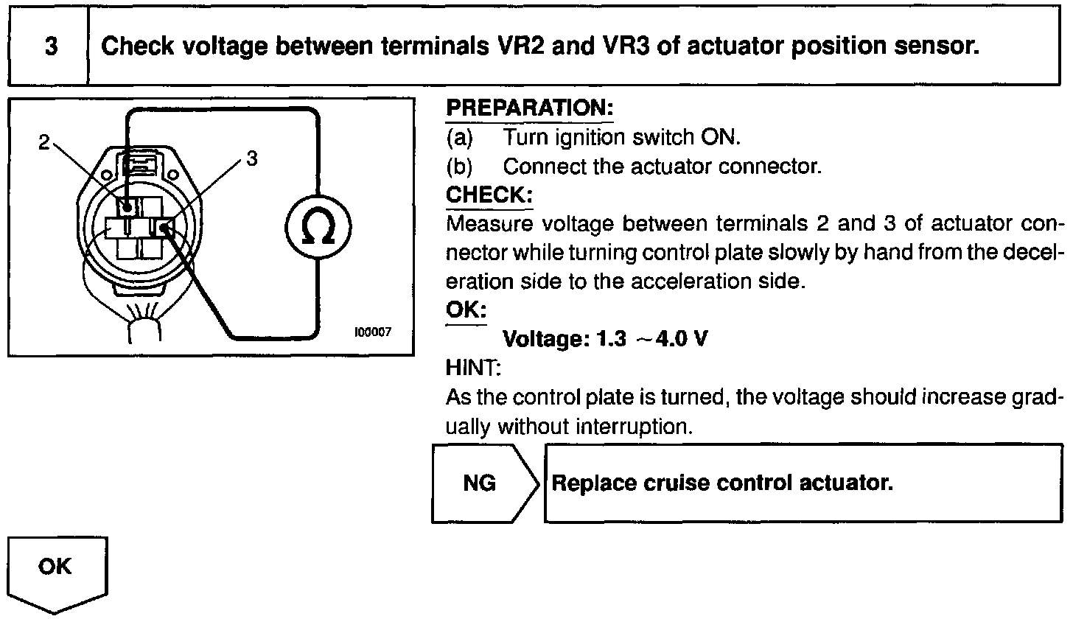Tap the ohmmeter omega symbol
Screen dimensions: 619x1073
318,229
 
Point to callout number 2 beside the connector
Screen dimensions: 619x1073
44,144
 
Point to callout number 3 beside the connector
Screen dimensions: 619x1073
252,158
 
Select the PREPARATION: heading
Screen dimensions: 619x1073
530,108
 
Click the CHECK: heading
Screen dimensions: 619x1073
489,195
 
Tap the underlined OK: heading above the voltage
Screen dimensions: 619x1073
466,309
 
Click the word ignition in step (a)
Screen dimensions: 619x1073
594,138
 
